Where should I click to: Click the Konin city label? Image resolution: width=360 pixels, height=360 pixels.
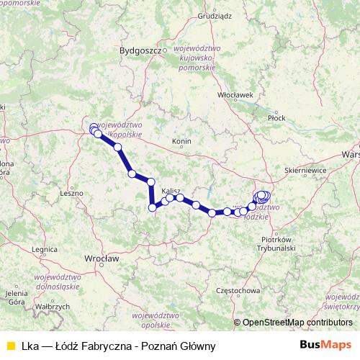pos(181,141)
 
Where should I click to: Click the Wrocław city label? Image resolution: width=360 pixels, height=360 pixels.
pos(101,257)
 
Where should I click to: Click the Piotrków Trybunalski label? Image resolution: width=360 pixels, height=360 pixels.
pos(277,243)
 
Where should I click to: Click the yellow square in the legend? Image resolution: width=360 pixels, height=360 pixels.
pos(10,345)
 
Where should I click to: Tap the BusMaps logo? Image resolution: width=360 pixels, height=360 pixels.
pos(325,345)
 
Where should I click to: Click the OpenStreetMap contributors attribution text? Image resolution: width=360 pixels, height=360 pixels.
pos(294,323)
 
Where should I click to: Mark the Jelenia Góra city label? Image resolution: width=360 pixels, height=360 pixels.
pos(16,297)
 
